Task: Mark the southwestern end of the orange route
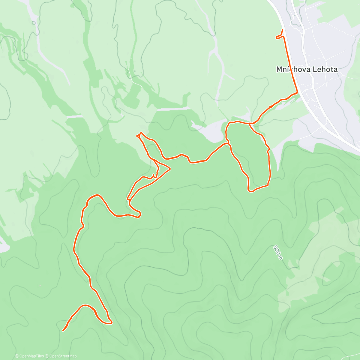coord(63,330)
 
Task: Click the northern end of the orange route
coord(283,29)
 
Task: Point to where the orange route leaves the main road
coord(297,92)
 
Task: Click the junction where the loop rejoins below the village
coord(250,123)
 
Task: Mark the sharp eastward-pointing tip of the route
coord(170,169)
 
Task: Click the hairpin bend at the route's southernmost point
coord(111,322)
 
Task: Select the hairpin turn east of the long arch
coord(139,214)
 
